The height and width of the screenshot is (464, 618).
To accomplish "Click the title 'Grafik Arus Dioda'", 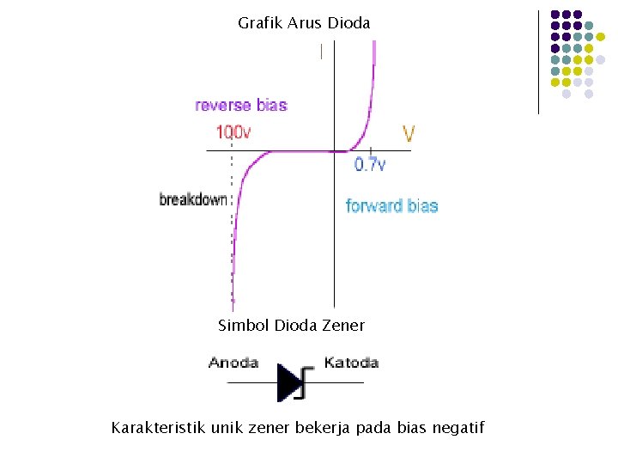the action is (x=304, y=23).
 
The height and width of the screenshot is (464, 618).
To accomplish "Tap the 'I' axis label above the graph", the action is (x=321, y=52).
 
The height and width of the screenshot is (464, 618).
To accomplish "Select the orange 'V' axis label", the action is (x=409, y=134).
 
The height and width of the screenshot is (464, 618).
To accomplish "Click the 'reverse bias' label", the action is (x=241, y=106).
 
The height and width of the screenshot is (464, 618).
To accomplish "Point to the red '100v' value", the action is (x=233, y=132).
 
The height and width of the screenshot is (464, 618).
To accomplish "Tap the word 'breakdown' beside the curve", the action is (x=194, y=199).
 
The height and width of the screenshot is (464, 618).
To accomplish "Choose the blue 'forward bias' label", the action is (x=391, y=206).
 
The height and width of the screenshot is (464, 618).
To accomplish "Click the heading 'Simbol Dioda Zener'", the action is (x=291, y=326).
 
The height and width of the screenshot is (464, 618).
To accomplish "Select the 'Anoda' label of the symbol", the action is (x=233, y=363).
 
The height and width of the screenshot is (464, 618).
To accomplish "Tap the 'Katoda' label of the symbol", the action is (x=351, y=363).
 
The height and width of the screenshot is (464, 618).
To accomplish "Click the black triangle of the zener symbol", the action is (x=288, y=382).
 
